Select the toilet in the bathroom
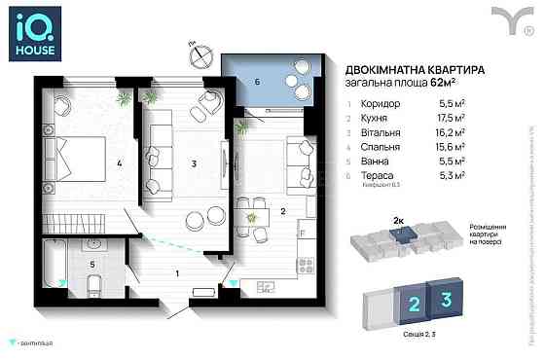click(94, 282)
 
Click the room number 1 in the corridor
click(176, 272)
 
